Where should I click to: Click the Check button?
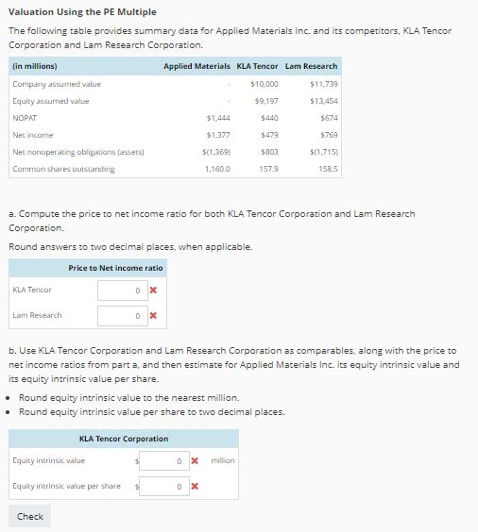pyautogui.click(x=30, y=516)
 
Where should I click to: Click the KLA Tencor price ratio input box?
pyautogui.click(x=121, y=289)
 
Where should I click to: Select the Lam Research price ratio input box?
pyautogui.click(x=121, y=315)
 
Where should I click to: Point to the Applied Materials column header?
pyautogui.click(x=196, y=66)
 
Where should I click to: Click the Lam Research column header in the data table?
pyautogui.click(x=311, y=66)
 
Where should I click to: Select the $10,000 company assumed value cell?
pyautogui.click(x=265, y=84)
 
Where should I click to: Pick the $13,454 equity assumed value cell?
pyautogui.click(x=323, y=101)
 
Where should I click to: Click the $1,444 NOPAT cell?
pyautogui.click(x=218, y=118)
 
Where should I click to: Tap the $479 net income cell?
pyautogui.click(x=268, y=135)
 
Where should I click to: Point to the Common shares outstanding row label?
pyautogui.click(x=63, y=169)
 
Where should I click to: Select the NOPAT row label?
pyautogui.click(x=26, y=118)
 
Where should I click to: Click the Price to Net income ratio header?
pyautogui.click(x=115, y=268)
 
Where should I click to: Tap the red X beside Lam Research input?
pyautogui.click(x=152, y=315)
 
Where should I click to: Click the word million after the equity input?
pyautogui.click(x=223, y=460)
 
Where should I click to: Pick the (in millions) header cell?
pyautogui.click(x=35, y=66)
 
